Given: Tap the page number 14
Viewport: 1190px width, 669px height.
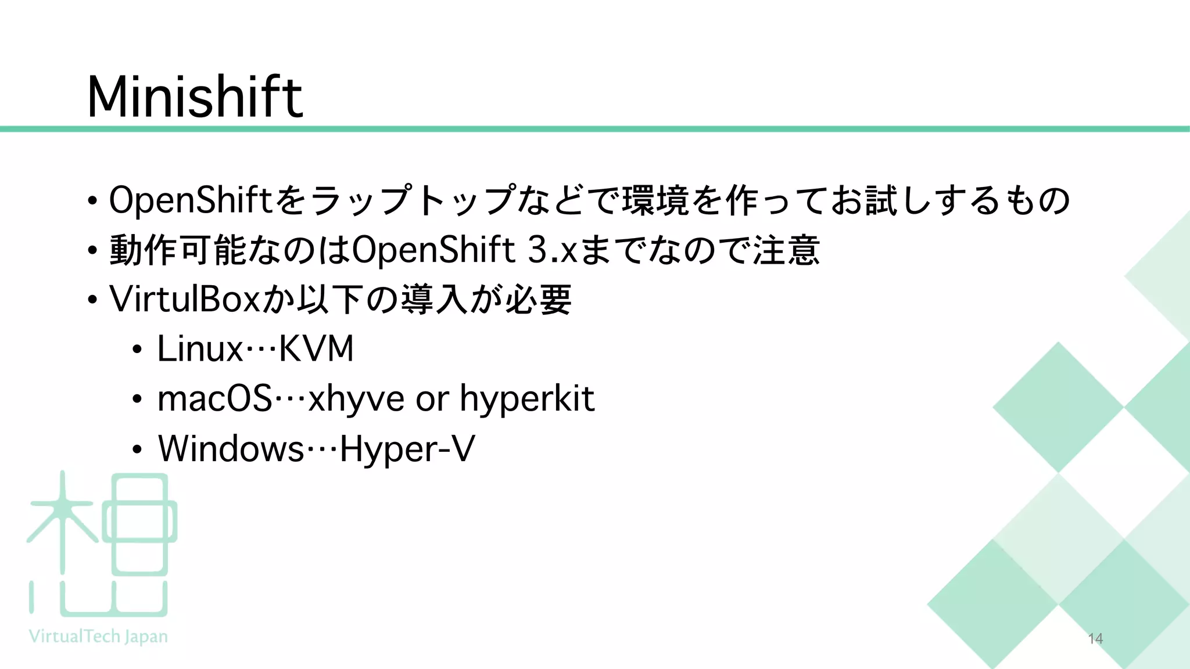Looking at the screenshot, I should point(1095,639).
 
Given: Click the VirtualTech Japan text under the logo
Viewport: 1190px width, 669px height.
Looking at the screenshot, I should point(98,636).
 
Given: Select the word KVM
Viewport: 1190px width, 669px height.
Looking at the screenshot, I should point(316,349).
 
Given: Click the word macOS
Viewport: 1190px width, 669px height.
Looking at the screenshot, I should point(214,399).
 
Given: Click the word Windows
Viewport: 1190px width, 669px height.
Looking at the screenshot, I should point(231,449).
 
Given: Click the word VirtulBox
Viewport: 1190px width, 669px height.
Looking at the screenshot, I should point(184,299).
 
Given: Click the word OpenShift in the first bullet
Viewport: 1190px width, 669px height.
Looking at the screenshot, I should point(191,200).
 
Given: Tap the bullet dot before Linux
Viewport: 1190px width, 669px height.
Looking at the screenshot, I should point(137,350).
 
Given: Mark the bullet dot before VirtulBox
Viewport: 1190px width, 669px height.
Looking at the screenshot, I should point(92,300).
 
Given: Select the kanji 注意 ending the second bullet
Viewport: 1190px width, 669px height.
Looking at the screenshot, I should point(786,250).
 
